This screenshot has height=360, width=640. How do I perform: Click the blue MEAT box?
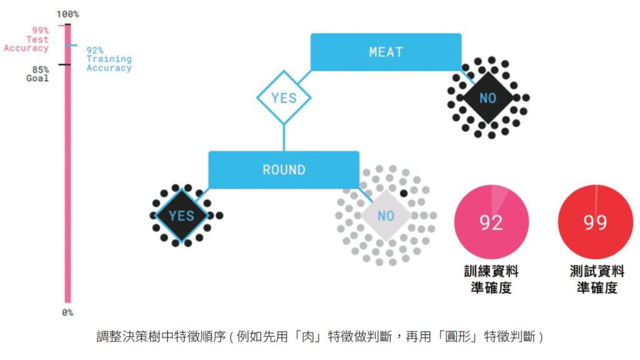(x=386, y=52)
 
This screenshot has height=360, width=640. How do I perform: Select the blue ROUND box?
(x=284, y=169)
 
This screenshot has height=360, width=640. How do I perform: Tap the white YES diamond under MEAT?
(x=284, y=98)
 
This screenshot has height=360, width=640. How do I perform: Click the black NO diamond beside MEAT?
(x=487, y=98)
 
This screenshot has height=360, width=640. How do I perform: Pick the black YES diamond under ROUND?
(x=181, y=216)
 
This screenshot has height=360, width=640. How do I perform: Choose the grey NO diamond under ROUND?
(x=386, y=216)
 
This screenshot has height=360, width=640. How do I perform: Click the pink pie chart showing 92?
(x=491, y=222)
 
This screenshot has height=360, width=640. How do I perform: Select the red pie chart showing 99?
(x=595, y=222)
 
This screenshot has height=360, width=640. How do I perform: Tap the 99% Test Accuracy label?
(x=28, y=39)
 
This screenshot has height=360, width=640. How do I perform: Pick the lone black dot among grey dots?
(x=404, y=193)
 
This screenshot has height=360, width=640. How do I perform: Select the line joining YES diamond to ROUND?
(x=284, y=137)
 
